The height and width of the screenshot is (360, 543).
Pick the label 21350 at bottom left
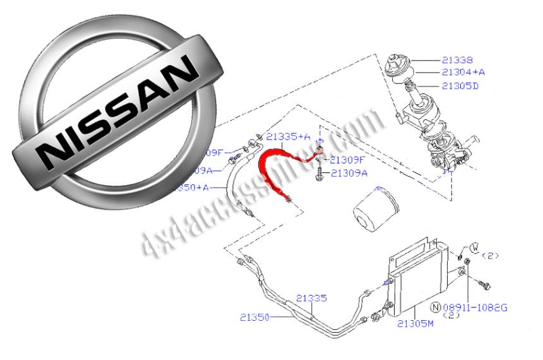[254, 317]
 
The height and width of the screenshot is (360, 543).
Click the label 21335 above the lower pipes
[311, 297]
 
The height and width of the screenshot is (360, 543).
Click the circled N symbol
[436, 307]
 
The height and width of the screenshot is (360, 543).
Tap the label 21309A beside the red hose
[349, 172]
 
